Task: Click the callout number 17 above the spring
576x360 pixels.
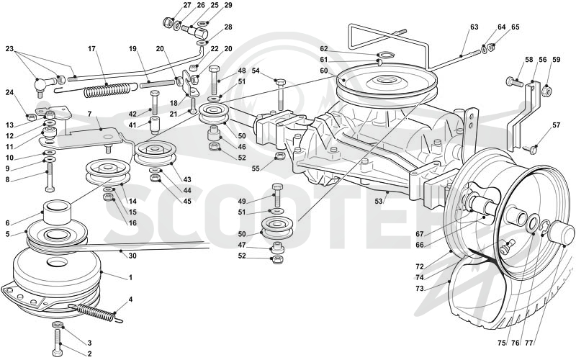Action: pos(92,49)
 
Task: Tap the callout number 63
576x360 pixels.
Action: pos(474,27)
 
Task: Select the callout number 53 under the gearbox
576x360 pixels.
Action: pos(379,202)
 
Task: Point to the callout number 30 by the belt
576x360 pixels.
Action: pos(132,256)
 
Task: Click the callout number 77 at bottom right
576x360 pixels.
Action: pos(529,343)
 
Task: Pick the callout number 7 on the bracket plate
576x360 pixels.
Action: pos(89,114)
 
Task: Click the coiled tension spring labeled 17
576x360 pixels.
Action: pos(107,89)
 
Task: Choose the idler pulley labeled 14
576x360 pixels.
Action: pos(107,171)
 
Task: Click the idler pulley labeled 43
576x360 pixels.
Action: pos(155,153)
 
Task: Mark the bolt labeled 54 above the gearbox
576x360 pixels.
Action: pos(280,94)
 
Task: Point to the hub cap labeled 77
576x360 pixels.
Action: pos(561,236)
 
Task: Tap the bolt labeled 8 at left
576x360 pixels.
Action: pos(50,177)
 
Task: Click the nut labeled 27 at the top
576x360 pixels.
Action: pos(168,22)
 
